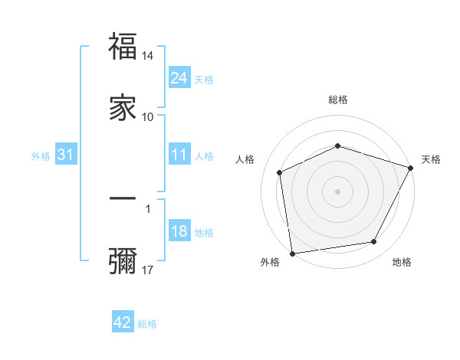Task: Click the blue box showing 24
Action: [x=179, y=77]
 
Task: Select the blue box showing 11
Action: [x=179, y=155]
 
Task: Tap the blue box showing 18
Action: [x=179, y=232]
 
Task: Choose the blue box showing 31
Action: [x=66, y=155]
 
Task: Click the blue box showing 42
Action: [x=123, y=322]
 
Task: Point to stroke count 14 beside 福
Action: [x=148, y=56]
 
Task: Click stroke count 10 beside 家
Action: [x=148, y=117]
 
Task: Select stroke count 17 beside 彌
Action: [x=148, y=270]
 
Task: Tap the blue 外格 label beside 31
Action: [x=41, y=155]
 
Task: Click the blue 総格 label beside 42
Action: [x=147, y=324]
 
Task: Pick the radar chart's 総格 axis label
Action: [x=338, y=100]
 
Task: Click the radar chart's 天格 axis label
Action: [x=431, y=159]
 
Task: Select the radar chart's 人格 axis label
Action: [x=245, y=159]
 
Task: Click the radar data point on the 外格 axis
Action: [x=292, y=253]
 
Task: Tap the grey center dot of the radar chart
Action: [x=338, y=191]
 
